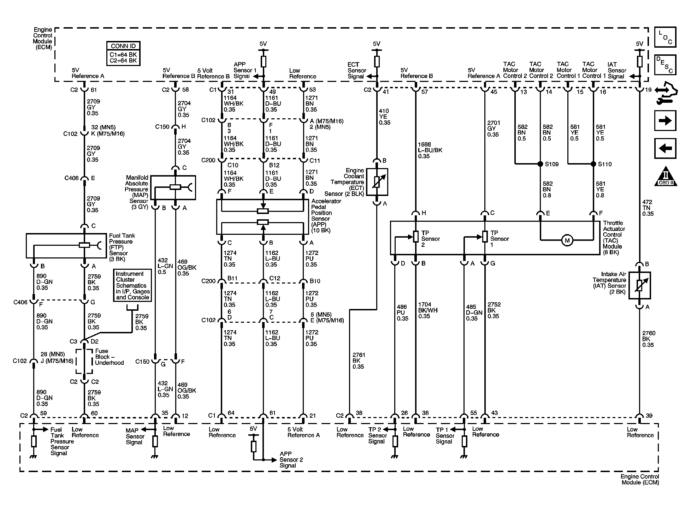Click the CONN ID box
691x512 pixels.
pos(123,53)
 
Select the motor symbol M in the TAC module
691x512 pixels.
pos(567,241)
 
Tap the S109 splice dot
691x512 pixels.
pos(540,164)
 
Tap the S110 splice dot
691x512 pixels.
pos(593,164)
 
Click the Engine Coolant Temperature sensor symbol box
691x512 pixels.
pos(377,182)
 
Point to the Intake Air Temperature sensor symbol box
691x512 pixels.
pos(639,286)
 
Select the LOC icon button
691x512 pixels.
pos(665,37)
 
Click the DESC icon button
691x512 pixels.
pos(665,65)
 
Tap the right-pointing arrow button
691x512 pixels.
pos(665,121)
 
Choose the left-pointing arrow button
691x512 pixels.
pos(665,148)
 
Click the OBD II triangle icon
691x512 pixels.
pos(665,177)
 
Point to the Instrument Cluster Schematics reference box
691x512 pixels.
pos(133,285)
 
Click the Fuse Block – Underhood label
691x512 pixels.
pos(109,357)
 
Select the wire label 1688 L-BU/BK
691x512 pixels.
pos(430,150)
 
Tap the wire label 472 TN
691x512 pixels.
pos(648,208)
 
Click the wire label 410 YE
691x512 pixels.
pos(384,117)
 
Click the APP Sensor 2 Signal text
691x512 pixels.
pos(291,459)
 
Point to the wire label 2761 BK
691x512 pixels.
pos(358,361)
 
